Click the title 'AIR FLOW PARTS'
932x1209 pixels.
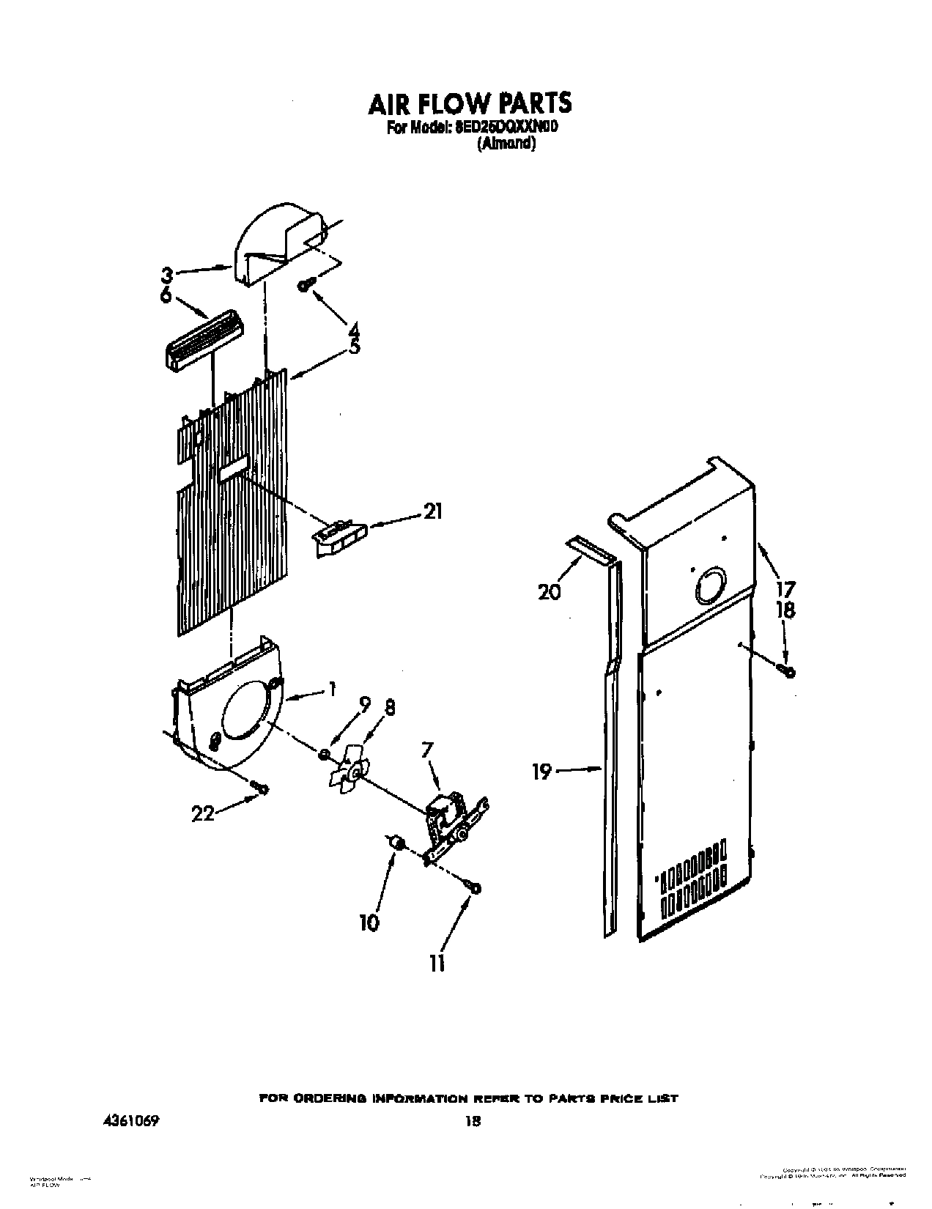pyautogui.click(x=469, y=103)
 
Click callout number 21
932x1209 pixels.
pyautogui.click(x=433, y=512)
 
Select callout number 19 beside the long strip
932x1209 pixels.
pyautogui.click(x=541, y=772)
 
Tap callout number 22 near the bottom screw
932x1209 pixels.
pyautogui.click(x=202, y=813)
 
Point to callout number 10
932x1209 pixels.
pyautogui.click(x=370, y=922)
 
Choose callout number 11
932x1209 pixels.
pyautogui.click(x=437, y=964)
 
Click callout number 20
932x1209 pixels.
pyautogui.click(x=549, y=591)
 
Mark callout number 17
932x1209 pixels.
pyautogui.click(x=786, y=588)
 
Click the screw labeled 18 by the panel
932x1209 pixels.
pyautogui.click(x=789, y=670)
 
